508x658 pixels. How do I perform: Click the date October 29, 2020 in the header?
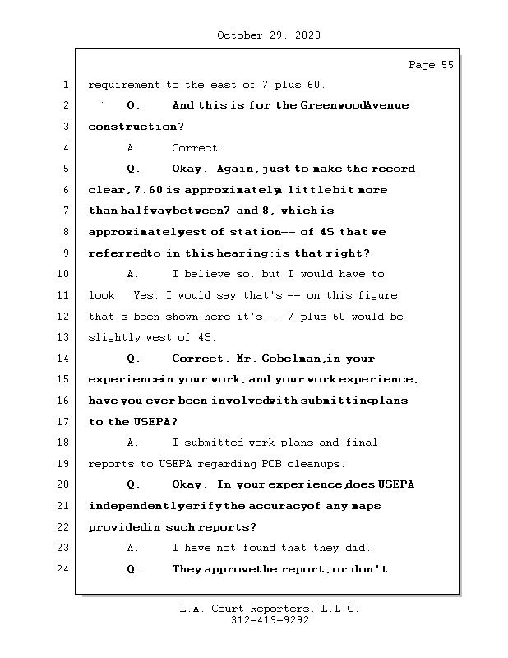pyautogui.click(x=268, y=35)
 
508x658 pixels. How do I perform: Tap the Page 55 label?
pyautogui.click(x=431, y=66)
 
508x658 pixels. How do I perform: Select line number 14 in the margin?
pyautogui.click(x=64, y=359)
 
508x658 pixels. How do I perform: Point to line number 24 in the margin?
pyautogui.click(x=64, y=569)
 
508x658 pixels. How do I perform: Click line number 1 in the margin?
pyautogui.click(x=64, y=85)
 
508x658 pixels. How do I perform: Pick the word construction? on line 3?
pyautogui.click(x=136, y=127)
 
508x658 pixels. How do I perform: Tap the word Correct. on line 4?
pyautogui.click(x=197, y=148)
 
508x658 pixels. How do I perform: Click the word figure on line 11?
pyautogui.click(x=376, y=295)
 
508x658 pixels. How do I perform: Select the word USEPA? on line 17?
pyautogui.click(x=153, y=422)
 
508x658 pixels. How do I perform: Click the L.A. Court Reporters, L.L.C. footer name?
pyautogui.click(x=269, y=609)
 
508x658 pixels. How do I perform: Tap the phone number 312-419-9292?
pyautogui.click(x=270, y=621)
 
